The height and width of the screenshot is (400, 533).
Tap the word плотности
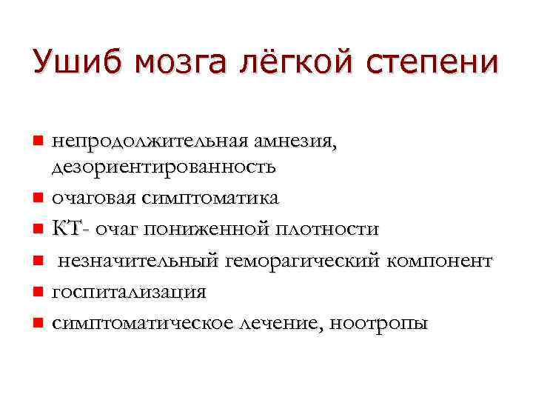point(329,229)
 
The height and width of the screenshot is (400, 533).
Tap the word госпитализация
point(130,292)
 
